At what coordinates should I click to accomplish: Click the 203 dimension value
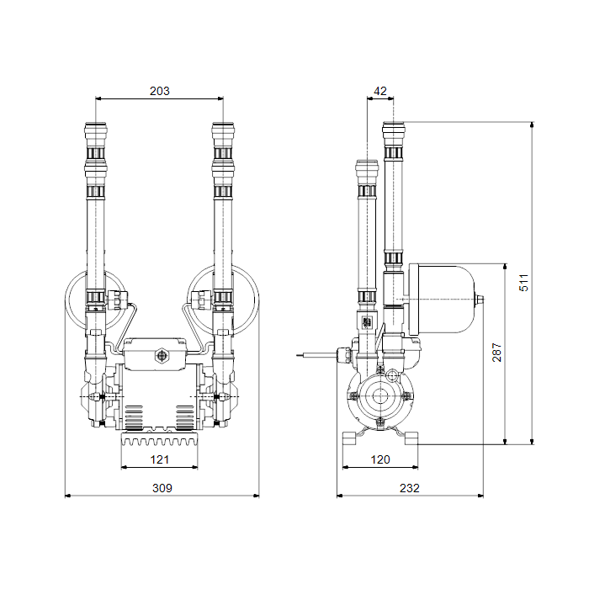pyautogui.click(x=160, y=91)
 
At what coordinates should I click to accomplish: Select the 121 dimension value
pyautogui.click(x=160, y=459)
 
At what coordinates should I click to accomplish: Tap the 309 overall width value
pyautogui.click(x=162, y=488)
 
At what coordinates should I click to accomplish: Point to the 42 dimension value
pyautogui.click(x=380, y=91)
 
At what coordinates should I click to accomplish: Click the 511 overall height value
pyautogui.click(x=523, y=283)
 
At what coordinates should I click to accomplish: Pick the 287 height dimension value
pyautogui.click(x=496, y=353)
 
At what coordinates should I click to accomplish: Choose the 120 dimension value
pyautogui.click(x=380, y=459)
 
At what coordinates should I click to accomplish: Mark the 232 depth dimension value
pyautogui.click(x=410, y=488)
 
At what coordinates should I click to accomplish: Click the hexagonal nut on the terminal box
pyautogui.click(x=162, y=355)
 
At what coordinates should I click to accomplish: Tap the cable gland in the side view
pyautogui.click(x=343, y=354)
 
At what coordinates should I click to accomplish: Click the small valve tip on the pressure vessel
pyautogui.click(x=480, y=300)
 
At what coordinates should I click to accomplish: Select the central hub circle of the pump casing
pyautogui.click(x=379, y=396)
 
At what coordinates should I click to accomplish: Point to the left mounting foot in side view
pyautogui.click(x=349, y=438)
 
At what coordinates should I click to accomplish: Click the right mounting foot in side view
pyautogui.click(x=411, y=438)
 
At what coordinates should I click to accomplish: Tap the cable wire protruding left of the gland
pyautogui.click(x=316, y=353)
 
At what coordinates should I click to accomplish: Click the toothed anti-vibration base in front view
pyautogui.click(x=159, y=438)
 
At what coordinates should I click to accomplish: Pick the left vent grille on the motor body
pyautogui.click(x=134, y=417)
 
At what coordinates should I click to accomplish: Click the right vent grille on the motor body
pyautogui.click(x=185, y=417)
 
